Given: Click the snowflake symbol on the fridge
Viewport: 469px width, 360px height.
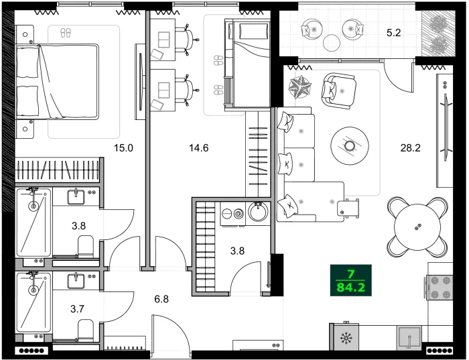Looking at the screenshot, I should coord(346,339).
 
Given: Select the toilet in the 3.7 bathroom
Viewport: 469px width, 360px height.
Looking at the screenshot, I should coord(85,331).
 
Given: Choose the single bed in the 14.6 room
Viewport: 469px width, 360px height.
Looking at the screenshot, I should coord(246,64).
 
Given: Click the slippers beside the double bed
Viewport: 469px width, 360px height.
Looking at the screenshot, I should coord(65,32).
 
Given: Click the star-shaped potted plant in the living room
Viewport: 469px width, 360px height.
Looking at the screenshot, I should coord(298,85).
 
